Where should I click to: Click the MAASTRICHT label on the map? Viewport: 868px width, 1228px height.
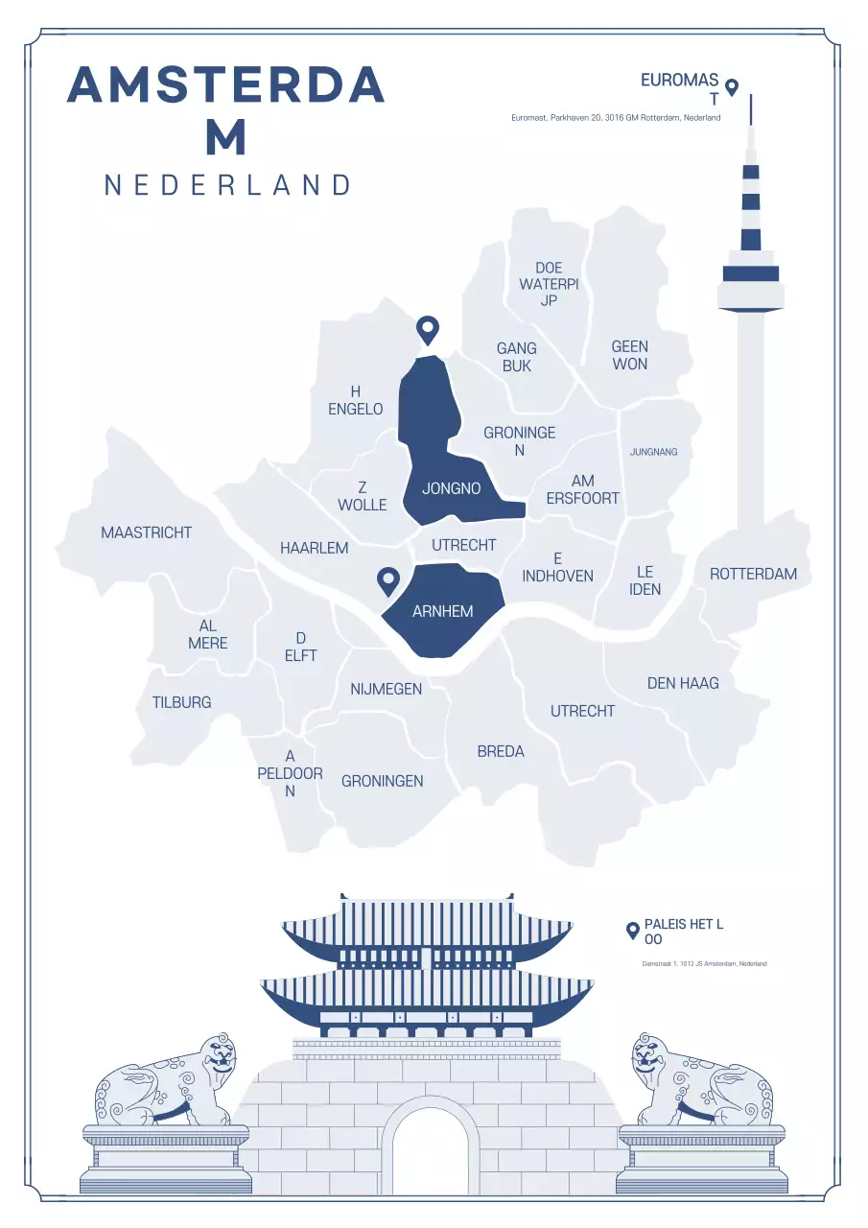pos(147,532)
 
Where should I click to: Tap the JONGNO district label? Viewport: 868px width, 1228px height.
pos(451,488)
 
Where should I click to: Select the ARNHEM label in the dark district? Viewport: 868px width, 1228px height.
pos(442,611)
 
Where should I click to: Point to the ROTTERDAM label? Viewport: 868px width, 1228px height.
pos(753,574)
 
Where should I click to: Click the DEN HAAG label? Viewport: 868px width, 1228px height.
pos(683,683)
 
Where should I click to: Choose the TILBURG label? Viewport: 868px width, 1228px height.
pos(181,702)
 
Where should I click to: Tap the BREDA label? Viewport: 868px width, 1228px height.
pos(501,751)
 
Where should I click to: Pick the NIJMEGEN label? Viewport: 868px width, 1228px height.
pos(386,689)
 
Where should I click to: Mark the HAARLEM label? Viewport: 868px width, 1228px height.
pos(314,548)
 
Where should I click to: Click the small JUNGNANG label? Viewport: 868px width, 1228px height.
pos(653,452)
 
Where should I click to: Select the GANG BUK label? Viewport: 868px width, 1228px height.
pos(516,357)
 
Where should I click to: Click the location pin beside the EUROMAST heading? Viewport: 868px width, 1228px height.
pos(732,87)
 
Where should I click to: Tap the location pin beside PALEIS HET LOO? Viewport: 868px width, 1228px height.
pos(632,930)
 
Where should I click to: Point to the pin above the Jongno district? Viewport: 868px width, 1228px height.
pos(427,330)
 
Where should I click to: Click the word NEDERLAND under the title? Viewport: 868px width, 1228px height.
pos(227,185)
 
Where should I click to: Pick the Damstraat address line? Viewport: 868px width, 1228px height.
pos(704,963)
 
